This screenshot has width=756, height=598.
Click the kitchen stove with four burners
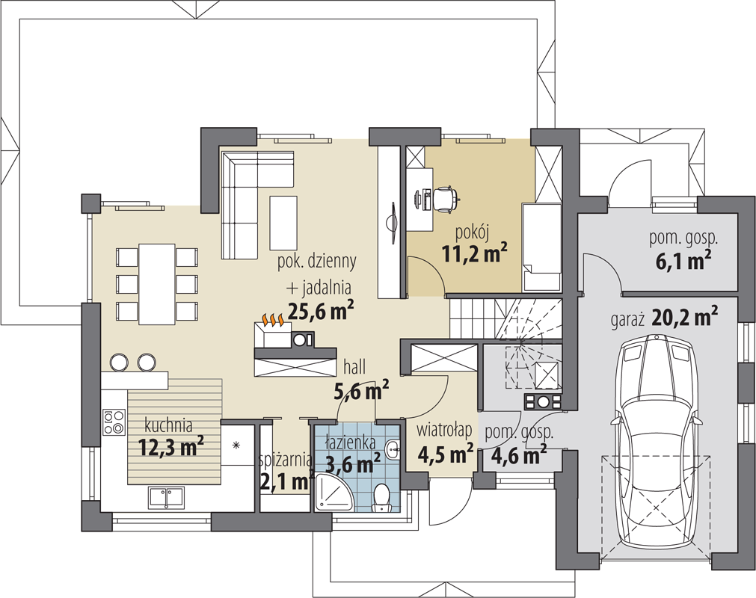114,422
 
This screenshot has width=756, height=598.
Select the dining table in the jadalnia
157,284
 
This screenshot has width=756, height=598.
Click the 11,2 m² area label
474,253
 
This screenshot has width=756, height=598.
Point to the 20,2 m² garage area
685,318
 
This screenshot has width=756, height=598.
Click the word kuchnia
168,425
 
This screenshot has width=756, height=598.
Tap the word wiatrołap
443,431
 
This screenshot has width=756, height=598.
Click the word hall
354,367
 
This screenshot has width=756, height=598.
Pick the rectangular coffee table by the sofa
283,223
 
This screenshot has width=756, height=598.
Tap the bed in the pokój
541,247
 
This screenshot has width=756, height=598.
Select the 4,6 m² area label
519,454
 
